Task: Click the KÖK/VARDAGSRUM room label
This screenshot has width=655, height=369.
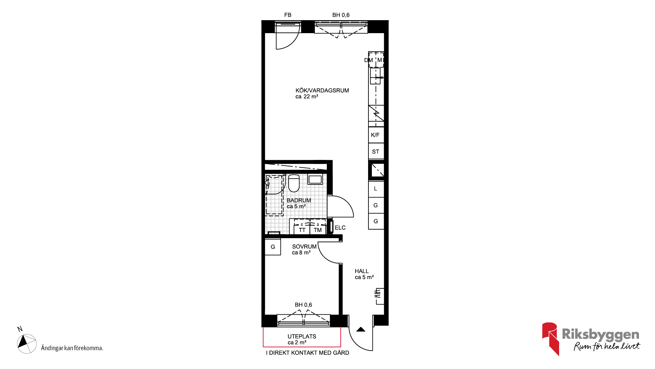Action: (322, 91)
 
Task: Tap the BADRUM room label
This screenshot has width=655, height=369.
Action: (299, 200)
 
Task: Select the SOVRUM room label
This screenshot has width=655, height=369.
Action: (304, 246)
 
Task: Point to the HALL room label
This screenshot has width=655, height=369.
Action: (362, 271)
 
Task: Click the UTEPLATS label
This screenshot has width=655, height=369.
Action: (302, 337)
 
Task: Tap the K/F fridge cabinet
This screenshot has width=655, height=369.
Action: (376, 135)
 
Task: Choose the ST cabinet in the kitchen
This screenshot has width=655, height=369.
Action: (376, 151)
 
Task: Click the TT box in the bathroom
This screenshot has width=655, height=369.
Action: (302, 230)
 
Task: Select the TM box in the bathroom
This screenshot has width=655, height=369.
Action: (318, 230)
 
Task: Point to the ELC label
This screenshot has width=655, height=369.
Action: (340, 228)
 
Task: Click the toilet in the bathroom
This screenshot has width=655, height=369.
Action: (294, 183)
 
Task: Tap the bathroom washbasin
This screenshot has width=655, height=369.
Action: (315, 179)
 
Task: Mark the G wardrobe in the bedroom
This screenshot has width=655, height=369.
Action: (273, 247)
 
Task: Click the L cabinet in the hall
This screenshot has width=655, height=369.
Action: (376, 189)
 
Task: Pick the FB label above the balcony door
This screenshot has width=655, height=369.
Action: (288, 15)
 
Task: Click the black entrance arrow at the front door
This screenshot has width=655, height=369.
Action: (361, 329)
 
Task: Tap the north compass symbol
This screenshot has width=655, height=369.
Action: (27, 343)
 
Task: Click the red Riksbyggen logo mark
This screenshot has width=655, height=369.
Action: (551, 339)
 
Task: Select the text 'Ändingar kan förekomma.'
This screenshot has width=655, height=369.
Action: (72, 348)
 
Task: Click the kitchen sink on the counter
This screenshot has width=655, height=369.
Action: (375, 76)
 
